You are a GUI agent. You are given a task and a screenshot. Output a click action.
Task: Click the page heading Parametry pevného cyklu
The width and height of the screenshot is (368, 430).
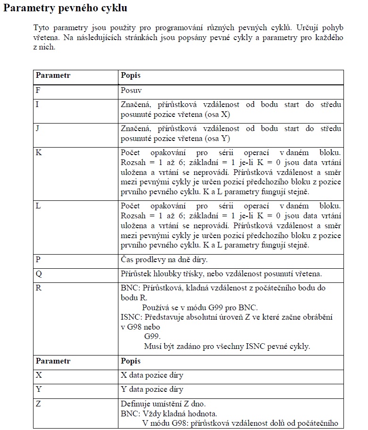click(65, 8)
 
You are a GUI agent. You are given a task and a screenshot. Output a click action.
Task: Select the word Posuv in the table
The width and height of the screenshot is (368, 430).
click(131, 90)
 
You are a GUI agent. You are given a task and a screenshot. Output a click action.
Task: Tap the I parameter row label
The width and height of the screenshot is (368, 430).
click(37, 104)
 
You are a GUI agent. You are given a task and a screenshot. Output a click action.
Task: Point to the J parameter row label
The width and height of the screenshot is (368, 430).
click(37, 128)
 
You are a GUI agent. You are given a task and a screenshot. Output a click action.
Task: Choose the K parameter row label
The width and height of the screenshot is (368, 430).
click(38, 152)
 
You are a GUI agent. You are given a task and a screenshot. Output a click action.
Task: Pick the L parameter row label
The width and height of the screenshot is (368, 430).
click(38, 206)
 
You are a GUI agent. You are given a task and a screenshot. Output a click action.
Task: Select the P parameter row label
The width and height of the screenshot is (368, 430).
click(38, 260)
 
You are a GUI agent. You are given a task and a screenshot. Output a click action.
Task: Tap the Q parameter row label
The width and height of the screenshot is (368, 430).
click(38, 274)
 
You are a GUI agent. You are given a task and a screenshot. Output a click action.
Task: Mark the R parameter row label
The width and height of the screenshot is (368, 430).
click(38, 288)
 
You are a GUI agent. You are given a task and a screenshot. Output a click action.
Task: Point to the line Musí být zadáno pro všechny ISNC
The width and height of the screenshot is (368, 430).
click(226, 347)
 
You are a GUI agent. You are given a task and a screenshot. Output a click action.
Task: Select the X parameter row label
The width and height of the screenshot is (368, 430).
click(38, 375)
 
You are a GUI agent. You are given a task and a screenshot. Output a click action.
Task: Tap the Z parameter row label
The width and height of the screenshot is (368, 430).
click(38, 404)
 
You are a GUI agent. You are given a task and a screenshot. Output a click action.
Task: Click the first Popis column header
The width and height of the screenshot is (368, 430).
click(131, 75)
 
